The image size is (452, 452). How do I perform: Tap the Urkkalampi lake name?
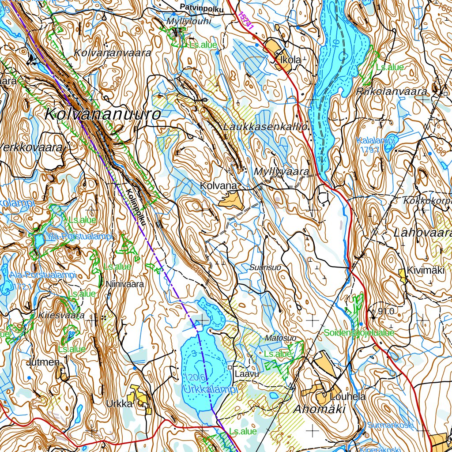209,390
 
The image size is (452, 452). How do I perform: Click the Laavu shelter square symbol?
230,367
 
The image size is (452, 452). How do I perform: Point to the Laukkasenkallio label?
265,127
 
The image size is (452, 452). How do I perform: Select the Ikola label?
290,59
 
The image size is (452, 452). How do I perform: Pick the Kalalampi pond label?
376,140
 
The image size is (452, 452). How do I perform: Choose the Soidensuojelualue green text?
359,333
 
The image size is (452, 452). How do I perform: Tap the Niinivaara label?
125,285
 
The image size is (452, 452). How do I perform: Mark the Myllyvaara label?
281,172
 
